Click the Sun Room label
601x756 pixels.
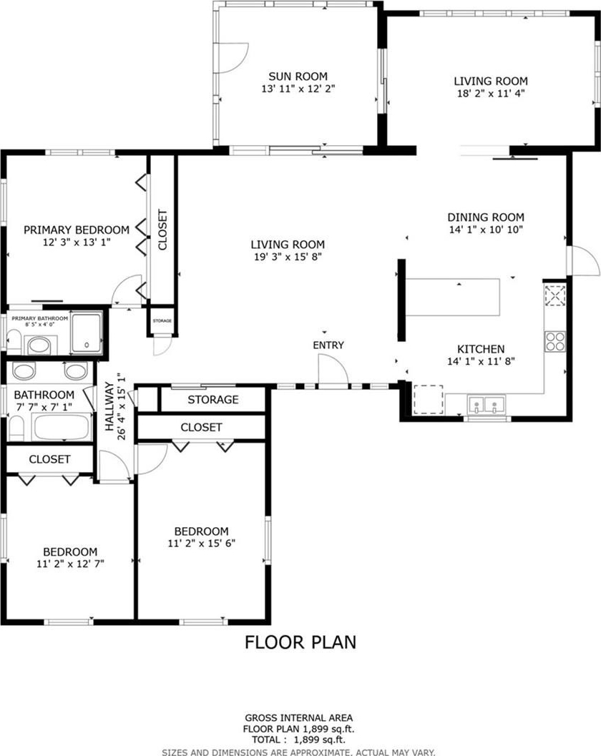click(298, 77)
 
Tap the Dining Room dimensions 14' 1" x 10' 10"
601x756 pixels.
click(486, 230)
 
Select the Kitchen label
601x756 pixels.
click(481, 349)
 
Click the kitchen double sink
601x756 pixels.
click(487, 404)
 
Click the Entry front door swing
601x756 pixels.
click(333, 370)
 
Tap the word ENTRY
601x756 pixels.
click(328, 345)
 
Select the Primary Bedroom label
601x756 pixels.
click(77, 230)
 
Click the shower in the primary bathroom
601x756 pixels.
click(87, 332)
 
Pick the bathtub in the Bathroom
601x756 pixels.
click(62, 427)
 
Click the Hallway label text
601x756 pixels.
click(109, 406)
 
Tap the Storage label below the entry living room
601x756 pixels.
click(212, 400)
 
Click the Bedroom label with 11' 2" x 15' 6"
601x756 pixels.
click(201, 531)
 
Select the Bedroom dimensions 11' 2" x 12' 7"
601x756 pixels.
click(70, 564)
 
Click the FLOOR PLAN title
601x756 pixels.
click(300, 642)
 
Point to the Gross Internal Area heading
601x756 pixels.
click(298, 718)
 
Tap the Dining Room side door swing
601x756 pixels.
click(585, 261)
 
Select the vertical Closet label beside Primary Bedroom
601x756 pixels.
click(162, 230)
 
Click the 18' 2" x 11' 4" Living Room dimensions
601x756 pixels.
click(491, 94)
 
